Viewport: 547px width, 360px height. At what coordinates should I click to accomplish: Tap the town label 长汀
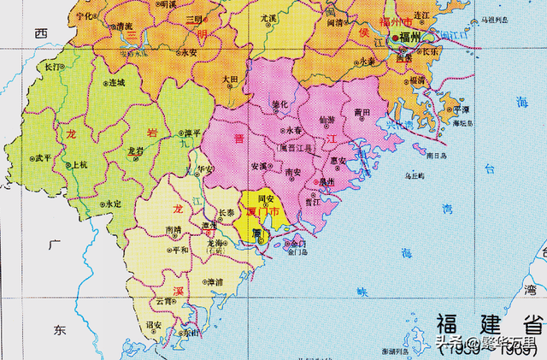53,66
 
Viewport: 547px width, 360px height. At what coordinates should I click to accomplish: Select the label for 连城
116,83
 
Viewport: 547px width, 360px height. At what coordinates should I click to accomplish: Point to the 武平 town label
43,158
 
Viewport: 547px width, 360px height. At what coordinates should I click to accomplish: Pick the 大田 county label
229,79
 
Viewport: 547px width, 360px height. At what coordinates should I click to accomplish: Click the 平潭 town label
461,110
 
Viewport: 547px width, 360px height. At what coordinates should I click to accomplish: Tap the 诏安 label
155,325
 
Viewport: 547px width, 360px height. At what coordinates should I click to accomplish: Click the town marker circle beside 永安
178,53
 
